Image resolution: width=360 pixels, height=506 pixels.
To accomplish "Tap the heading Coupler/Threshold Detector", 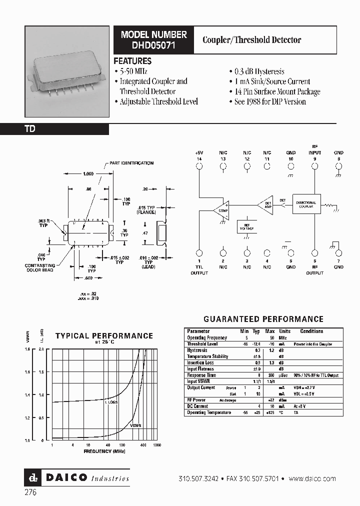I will click(251, 40).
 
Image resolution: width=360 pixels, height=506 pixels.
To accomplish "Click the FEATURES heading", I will click(132, 61).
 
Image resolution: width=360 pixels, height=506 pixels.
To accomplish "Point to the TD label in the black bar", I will click(30, 129).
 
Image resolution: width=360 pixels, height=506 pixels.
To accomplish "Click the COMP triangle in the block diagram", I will click(220, 208).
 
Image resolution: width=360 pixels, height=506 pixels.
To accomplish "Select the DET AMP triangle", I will click(266, 204).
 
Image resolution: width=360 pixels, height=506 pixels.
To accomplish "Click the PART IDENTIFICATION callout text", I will click(131, 163).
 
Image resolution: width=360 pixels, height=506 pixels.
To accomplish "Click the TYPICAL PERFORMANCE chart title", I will click(104, 336).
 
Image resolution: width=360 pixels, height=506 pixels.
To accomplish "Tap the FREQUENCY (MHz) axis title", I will click(104, 451).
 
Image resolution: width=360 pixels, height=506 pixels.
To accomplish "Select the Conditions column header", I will click(311, 331).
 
